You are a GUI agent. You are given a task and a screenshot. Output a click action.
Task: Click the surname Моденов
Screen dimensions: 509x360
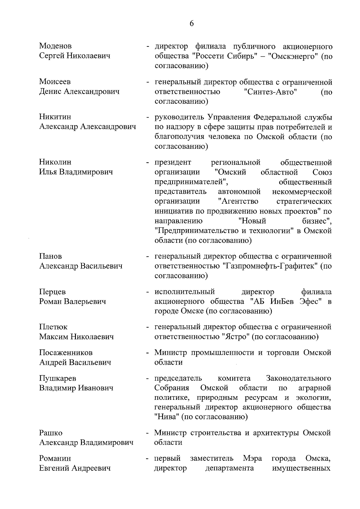(55, 46)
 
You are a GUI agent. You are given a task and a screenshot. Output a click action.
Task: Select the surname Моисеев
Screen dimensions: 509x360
(55, 82)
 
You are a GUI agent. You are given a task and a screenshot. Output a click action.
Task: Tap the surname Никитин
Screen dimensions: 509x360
(55, 117)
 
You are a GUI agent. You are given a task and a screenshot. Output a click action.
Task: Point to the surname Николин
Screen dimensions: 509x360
(55, 162)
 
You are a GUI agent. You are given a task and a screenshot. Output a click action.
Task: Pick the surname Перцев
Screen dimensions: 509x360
(52, 292)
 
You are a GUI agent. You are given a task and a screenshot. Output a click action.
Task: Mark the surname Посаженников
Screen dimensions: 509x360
(66, 352)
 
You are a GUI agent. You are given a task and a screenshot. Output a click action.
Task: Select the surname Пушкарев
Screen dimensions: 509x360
(58, 378)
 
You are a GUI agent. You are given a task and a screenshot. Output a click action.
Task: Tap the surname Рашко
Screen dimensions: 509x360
(51, 433)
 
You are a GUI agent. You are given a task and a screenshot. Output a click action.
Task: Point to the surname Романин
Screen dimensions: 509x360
(55, 458)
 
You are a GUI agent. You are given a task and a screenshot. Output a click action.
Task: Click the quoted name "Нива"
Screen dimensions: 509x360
(166, 417)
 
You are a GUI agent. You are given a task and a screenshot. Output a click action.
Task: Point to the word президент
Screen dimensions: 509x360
(173, 163)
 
